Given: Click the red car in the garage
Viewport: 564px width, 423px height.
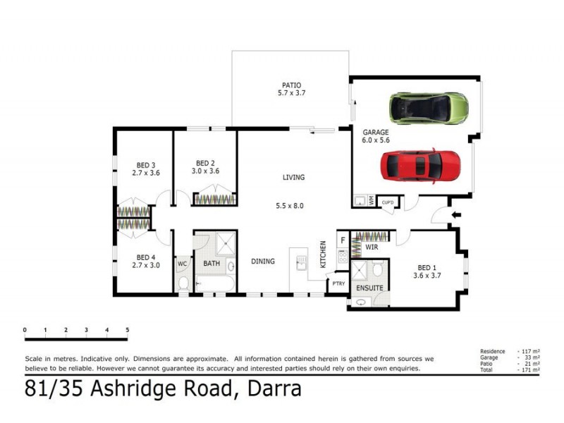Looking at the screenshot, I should pos(420,166).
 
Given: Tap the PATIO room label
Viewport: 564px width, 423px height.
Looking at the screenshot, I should pos(290,85).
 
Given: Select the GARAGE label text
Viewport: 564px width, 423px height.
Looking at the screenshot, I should pos(376,132).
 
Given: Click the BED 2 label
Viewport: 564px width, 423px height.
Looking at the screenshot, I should pos(205,163).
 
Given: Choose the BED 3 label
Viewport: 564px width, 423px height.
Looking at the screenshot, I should pos(143,166).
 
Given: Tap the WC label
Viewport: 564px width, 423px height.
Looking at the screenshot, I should pos(181,264).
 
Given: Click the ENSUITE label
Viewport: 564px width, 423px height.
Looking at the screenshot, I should pos(369,288).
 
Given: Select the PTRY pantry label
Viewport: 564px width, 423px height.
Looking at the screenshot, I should pos(339,284).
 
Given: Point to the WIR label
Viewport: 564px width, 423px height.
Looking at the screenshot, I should pos(372,247).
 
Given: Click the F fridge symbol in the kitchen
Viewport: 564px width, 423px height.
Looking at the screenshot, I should pos(343,240).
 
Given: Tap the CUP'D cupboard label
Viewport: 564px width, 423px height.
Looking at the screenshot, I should pos(387,202).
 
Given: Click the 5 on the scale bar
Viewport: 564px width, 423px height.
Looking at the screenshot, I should pos(128,329).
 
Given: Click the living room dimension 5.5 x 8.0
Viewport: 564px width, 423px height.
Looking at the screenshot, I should pos(289,206).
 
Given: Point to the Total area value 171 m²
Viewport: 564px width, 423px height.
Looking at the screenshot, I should pos(529,369).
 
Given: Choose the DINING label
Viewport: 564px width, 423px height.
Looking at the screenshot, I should pos(263,262).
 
